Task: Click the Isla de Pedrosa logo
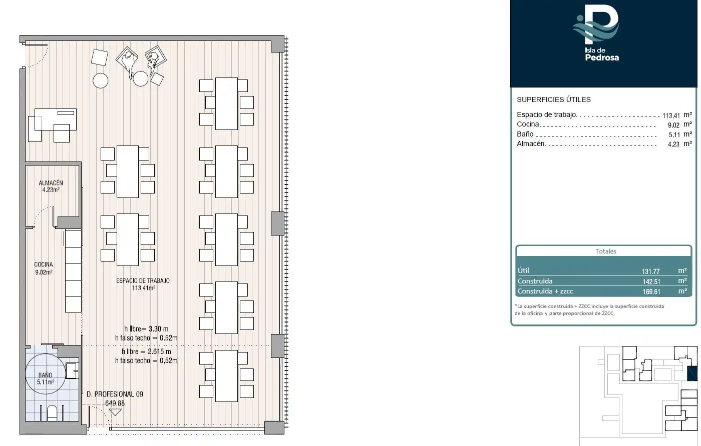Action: (596, 32)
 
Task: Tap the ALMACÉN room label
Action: (51, 183)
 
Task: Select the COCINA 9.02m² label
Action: (44, 268)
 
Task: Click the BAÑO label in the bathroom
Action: (45, 374)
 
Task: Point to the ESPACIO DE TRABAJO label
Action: (143, 280)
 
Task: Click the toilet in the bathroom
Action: (52, 412)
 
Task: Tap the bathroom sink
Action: (72, 370)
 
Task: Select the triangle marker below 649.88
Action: (115, 412)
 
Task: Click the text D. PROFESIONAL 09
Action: (115, 394)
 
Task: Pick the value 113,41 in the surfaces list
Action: (671, 115)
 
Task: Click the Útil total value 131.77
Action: (650, 271)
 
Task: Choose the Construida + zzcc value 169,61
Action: (651, 291)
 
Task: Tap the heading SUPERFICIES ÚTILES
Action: (554, 99)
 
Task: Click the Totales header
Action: (605, 251)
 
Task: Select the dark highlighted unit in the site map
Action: (692, 373)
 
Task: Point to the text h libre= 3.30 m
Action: (146, 329)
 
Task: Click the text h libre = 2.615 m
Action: (146, 351)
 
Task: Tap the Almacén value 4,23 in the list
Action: (673, 144)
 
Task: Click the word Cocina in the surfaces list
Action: (528, 124)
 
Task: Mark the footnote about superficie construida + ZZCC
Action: (590, 309)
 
